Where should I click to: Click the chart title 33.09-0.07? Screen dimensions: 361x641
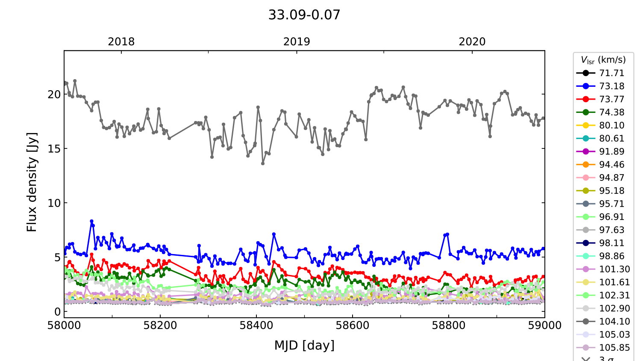tap(304, 15)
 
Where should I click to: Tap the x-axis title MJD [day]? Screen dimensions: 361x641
tap(304, 345)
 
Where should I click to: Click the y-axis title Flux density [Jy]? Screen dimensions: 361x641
tap(32, 182)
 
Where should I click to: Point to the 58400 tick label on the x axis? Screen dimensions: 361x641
tap(256, 325)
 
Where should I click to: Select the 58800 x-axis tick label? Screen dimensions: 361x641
tap(448, 325)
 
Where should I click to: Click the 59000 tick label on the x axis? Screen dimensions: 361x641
tap(544, 325)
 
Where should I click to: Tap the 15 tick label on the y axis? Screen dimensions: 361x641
tap(54, 149)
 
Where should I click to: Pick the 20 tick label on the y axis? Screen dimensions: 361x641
tap(54, 95)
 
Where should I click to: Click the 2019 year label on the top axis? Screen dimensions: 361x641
tap(297, 42)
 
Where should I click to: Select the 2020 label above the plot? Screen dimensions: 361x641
tap(472, 42)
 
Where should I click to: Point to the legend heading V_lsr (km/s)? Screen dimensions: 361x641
tap(603, 60)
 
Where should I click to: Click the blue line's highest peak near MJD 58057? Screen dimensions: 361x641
tap(91, 221)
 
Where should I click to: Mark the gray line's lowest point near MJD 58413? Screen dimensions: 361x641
tap(263, 163)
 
